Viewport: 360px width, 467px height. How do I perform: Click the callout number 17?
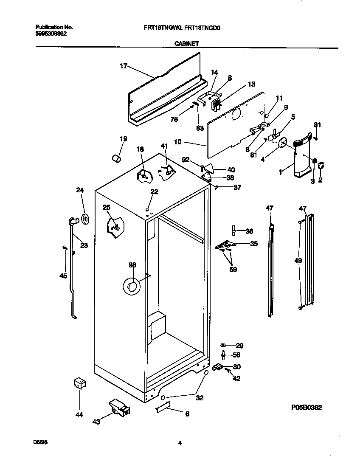(x=124, y=66)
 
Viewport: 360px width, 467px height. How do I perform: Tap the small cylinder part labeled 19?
(x=116, y=158)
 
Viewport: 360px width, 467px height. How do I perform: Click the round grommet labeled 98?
(x=132, y=287)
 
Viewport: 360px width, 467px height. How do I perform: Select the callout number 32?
(x=200, y=398)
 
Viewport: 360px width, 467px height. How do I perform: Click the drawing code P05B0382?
(x=306, y=408)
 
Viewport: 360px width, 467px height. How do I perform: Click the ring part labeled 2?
(x=321, y=165)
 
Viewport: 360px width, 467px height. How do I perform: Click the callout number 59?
(x=233, y=269)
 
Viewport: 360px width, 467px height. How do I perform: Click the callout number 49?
(x=298, y=260)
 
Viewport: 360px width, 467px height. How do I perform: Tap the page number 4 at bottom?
(x=180, y=443)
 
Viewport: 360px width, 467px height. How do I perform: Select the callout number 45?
(x=63, y=276)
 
